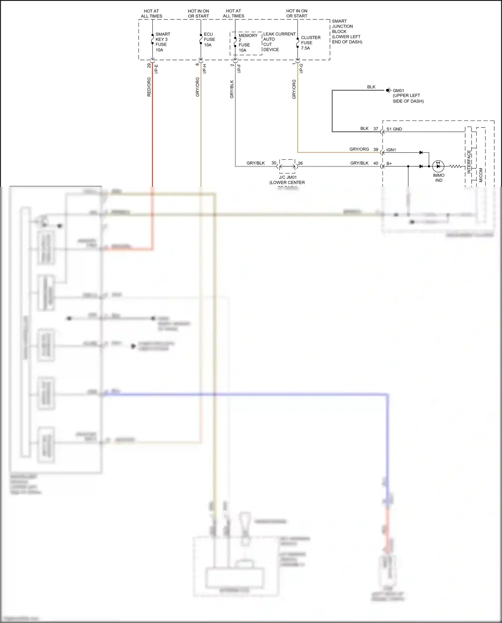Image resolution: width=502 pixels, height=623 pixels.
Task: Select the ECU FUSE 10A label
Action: pos(209,40)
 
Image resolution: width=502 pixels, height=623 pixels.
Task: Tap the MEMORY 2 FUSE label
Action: pos(247,43)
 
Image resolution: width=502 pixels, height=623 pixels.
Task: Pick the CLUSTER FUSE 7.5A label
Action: pos(310,43)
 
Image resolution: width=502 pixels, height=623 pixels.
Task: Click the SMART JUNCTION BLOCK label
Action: pos(346,31)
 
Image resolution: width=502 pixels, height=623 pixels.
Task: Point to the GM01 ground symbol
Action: pos(388,90)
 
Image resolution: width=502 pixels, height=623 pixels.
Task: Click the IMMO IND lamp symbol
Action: pos(438,166)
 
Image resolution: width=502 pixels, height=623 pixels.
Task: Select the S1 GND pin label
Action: pos(394,129)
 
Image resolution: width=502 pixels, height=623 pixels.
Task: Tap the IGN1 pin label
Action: pos(391,150)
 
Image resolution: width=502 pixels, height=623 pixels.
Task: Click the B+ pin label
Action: pos(389,164)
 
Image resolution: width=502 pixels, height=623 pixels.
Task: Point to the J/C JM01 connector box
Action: pos(287,166)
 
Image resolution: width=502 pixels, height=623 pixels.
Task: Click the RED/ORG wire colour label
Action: pos(149,87)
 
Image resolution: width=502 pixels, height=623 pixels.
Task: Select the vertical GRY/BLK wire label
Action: pos(232,89)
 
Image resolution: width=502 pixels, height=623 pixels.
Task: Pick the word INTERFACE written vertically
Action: pos(469,161)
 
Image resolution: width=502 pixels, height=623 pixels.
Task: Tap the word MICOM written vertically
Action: pos(481,175)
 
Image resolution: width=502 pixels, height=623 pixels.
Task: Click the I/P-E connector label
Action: pos(156,69)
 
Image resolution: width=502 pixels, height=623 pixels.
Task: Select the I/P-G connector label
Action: pos(301,69)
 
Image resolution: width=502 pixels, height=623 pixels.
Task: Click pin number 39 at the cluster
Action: pos(375,150)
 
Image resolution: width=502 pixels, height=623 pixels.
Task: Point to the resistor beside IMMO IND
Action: pos(455,166)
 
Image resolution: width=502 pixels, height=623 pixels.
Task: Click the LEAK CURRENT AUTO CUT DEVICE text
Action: pos(279,42)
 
